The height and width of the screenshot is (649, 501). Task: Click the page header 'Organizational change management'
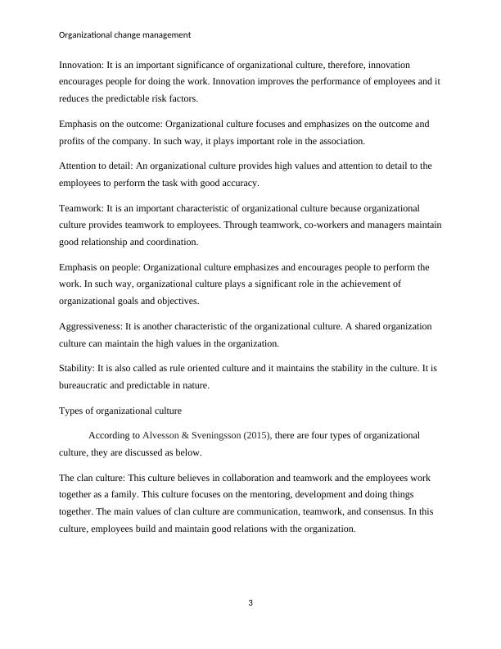(x=125, y=35)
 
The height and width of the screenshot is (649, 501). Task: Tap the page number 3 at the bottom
(x=250, y=604)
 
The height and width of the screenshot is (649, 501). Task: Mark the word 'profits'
(x=74, y=140)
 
